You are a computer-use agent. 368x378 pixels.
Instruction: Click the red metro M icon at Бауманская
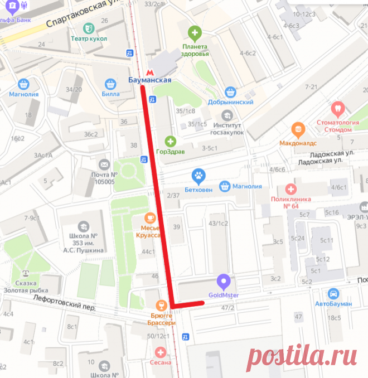[148, 71]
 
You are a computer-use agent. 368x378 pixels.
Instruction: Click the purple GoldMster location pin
[223, 281]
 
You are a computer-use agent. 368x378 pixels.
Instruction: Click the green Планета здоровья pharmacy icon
[195, 32]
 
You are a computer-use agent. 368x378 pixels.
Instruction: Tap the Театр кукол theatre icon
[88, 28]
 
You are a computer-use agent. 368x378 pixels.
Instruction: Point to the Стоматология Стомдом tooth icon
[337, 108]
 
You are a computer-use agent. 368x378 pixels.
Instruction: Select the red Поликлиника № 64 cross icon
[289, 190]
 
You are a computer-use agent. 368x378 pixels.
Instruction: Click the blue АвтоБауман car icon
[333, 293]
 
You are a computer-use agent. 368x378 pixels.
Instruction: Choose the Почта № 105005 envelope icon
[104, 164]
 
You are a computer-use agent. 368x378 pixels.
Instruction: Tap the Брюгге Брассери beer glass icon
[161, 304]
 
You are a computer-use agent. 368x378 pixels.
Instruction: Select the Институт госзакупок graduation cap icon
[226, 115]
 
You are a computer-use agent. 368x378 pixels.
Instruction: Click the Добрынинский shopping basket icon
[230, 92]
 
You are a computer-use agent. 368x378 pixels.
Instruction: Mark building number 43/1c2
[218, 223]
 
